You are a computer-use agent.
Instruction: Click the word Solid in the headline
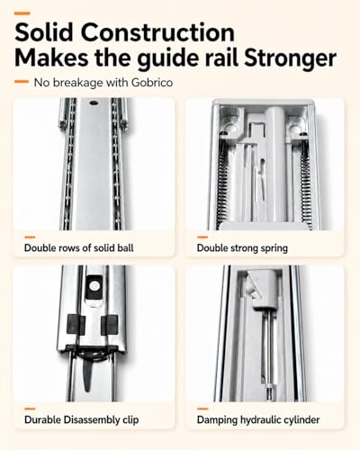pyautogui.click(x=44, y=32)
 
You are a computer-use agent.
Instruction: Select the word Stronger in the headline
pyautogui.click(x=290, y=58)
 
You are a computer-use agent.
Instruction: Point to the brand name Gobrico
pyautogui.click(x=152, y=83)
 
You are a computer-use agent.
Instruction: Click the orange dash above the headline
pyautogui.click(x=22, y=13)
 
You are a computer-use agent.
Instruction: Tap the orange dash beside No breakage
pyautogui.click(x=22, y=81)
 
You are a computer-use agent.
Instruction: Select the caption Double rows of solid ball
pyautogui.click(x=79, y=247)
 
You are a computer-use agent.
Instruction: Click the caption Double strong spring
pyautogui.click(x=242, y=248)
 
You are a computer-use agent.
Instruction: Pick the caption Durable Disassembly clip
pyautogui.click(x=82, y=419)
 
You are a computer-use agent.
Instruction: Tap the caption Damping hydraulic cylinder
pyautogui.click(x=258, y=419)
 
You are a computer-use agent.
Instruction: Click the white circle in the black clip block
pyautogui.click(x=94, y=286)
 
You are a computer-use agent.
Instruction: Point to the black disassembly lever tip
pyautogui.click(x=87, y=389)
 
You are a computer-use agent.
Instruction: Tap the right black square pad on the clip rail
pyautogui.click(x=110, y=325)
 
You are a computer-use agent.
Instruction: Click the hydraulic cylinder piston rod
pyautogui.click(x=268, y=354)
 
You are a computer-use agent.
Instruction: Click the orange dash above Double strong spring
pyautogui.click(x=202, y=237)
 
